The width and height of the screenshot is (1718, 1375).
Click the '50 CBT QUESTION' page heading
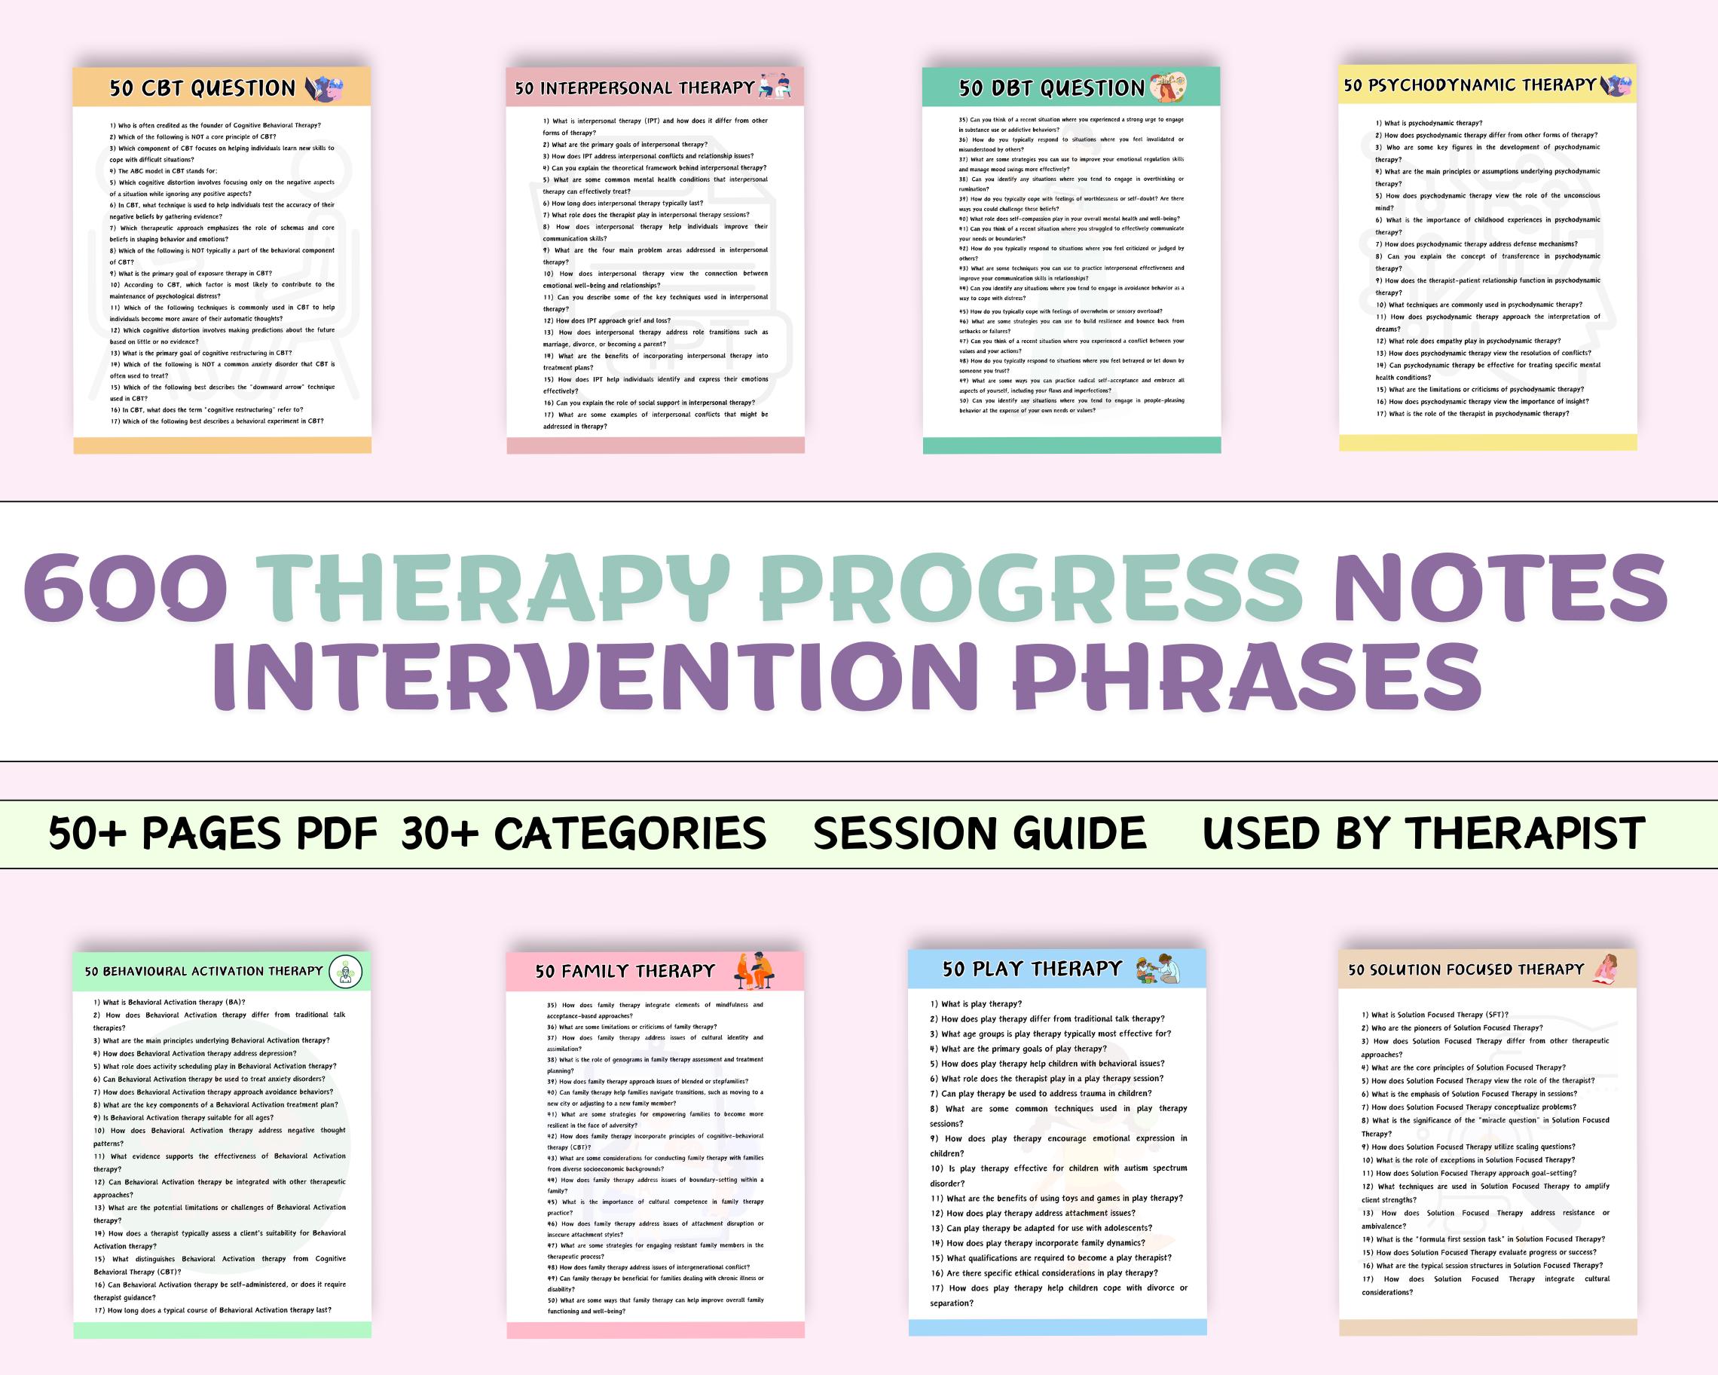[203, 87]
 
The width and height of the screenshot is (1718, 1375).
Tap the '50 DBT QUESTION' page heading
[1051, 87]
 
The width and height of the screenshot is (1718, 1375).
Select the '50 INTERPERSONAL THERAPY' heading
[634, 87]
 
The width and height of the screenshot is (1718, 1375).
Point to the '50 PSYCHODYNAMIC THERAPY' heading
[1470, 84]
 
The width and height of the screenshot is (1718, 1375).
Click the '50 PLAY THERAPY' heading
[1032, 969]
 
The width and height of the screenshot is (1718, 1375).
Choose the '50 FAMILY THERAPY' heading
[625, 971]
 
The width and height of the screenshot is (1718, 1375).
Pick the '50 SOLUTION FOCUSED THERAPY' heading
[1466, 969]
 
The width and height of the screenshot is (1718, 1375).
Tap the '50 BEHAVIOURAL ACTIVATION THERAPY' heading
[204, 971]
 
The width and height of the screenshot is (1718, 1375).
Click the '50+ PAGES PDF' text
[212, 834]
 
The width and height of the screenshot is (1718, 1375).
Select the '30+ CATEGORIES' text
[583, 834]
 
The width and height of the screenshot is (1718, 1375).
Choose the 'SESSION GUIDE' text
[980, 834]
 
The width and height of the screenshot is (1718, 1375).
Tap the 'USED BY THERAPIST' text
[1423, 834]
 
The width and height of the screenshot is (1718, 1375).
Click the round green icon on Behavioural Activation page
[346, 972]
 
